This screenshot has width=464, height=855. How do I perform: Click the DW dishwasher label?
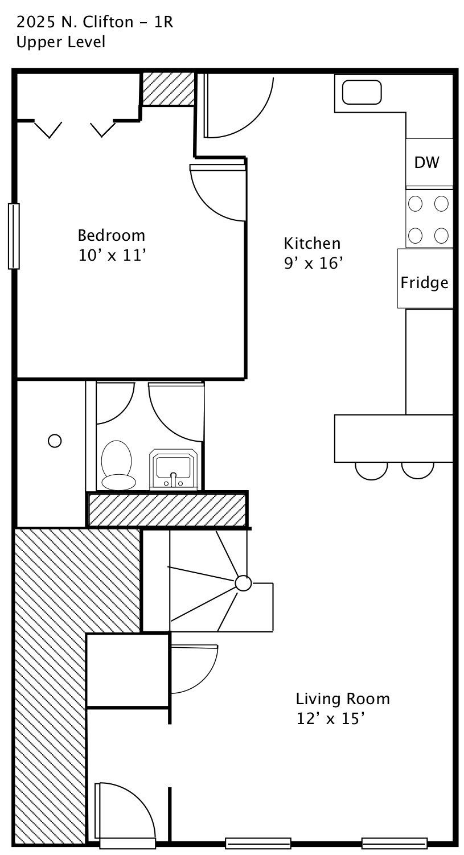tap(426, 163)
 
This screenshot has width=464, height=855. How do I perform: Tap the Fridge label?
tap(424, 283)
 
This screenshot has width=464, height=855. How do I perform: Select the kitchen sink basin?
tap(362, 92)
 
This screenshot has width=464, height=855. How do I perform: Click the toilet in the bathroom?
tap(118, 465)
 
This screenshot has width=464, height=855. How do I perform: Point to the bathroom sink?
tap(174, 468)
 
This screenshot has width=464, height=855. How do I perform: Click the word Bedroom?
tap(112, 236)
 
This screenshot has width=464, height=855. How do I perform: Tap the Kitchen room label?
tap(312, 243)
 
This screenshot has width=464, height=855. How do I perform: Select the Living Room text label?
tap(343, 699)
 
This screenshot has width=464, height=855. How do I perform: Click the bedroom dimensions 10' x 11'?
tap(112, 256)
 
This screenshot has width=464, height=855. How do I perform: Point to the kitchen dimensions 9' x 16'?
tap(313, 263)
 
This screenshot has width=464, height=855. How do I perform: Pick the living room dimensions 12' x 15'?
tap(330, 719)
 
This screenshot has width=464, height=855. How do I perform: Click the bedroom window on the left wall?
tap(14, 236)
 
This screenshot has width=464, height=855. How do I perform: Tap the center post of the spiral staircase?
tap(243, 583)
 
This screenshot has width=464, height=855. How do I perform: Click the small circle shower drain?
tap(55, 441)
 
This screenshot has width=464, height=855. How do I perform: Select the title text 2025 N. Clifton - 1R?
tap(95, 23)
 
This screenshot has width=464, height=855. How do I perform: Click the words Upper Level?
tap(61, 42)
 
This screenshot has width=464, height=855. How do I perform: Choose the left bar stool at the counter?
tap(371, 471)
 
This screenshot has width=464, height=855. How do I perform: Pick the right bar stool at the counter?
tap(418, 470)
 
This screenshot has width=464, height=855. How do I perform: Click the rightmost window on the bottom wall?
tap(395, 843)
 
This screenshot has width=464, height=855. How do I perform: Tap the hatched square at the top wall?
tap(169, 89)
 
